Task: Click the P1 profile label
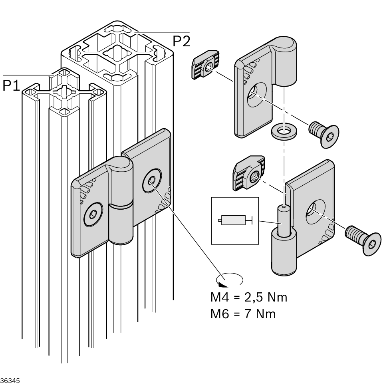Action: (11, 85)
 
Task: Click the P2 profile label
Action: (181, 41)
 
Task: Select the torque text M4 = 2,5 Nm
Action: (248, 298)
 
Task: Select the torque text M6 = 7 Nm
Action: (243, 314)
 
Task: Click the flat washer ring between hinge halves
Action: (283, 132)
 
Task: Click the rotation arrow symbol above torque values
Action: (229, 280)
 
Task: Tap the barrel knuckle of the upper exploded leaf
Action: (286, 60)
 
